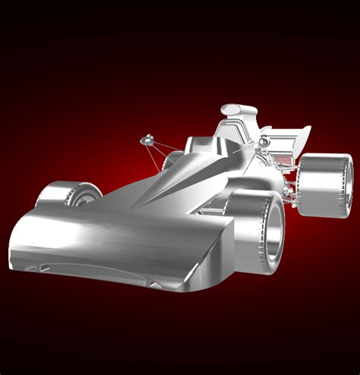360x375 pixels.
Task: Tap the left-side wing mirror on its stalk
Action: tap(147, 140)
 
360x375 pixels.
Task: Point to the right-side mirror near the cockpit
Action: tap(263, 143)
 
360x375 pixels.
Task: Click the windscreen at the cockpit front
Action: tap(199, 144)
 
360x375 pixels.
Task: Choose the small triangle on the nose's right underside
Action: tap(155, 284)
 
